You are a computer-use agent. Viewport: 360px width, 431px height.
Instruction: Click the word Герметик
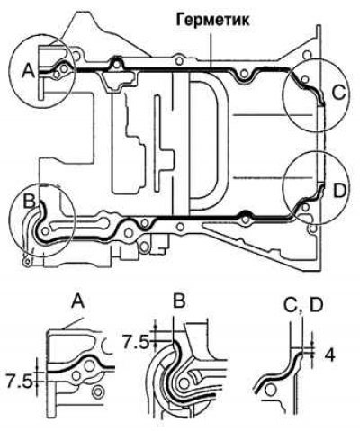212,21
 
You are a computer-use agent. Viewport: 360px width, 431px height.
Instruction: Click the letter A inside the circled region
29,71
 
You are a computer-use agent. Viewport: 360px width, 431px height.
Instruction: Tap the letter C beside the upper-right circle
339,93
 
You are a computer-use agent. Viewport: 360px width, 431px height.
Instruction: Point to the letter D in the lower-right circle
340,191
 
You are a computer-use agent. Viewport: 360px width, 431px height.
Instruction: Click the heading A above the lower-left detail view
78,301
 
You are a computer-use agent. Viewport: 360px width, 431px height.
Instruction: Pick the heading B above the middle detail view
179,301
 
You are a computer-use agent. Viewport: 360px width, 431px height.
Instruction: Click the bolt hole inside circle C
305,79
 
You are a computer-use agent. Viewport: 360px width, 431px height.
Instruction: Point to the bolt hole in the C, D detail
271,391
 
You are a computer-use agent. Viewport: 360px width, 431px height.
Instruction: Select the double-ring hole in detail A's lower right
97,391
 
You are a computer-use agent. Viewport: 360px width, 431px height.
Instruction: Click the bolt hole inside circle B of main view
46,231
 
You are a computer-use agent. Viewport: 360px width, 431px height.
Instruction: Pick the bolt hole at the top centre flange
179,61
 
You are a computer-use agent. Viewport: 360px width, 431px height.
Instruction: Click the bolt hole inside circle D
305,207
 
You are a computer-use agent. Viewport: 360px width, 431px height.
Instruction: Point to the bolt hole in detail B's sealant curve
184,382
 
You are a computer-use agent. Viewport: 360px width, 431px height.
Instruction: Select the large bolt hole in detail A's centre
89,366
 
